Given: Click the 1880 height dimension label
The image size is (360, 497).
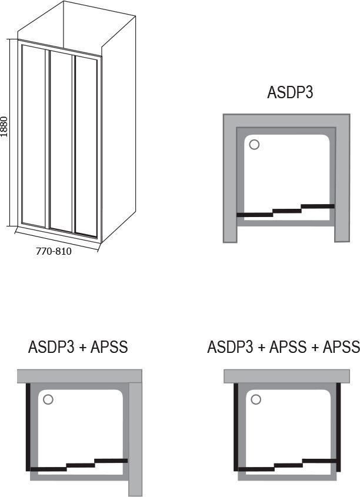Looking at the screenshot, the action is coord(4,126).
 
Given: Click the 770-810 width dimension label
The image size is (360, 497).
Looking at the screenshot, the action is coord(54,251).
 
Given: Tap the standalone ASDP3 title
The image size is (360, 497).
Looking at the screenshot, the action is coord(290,92).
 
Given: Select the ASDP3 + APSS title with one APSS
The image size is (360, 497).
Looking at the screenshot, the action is coord(78,347).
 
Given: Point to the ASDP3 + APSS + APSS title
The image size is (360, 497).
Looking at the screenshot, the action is coord(284,347).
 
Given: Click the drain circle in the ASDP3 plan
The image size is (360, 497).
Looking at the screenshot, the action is coord(254,145).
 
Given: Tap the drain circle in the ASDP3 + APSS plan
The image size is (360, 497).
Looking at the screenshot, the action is coord(48,399).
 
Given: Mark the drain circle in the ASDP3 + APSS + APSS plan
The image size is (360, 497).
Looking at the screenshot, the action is coord(256,399).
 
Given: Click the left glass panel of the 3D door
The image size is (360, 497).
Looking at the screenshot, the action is coord(34,136).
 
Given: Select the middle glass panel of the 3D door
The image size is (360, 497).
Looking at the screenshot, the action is coord(61,141).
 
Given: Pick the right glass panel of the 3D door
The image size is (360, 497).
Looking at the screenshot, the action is coord(86,146).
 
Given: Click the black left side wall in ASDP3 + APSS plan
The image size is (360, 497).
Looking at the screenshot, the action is coord(28,427).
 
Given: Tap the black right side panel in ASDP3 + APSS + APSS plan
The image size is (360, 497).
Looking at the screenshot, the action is coord(338,427).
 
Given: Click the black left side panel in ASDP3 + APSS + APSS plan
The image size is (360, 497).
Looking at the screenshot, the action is coord(236,427).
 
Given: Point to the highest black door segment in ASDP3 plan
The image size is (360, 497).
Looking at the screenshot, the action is coord(318,206).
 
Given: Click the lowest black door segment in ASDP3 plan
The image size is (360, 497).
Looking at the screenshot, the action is coord(255,215).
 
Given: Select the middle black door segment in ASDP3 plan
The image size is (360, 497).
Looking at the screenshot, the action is coord(287,211).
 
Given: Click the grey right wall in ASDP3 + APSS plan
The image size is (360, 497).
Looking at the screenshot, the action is coord(135,439).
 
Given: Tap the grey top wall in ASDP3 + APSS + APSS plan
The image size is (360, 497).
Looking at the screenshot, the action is coord(287,376).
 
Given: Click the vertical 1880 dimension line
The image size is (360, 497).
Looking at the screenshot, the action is coord(11,132).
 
